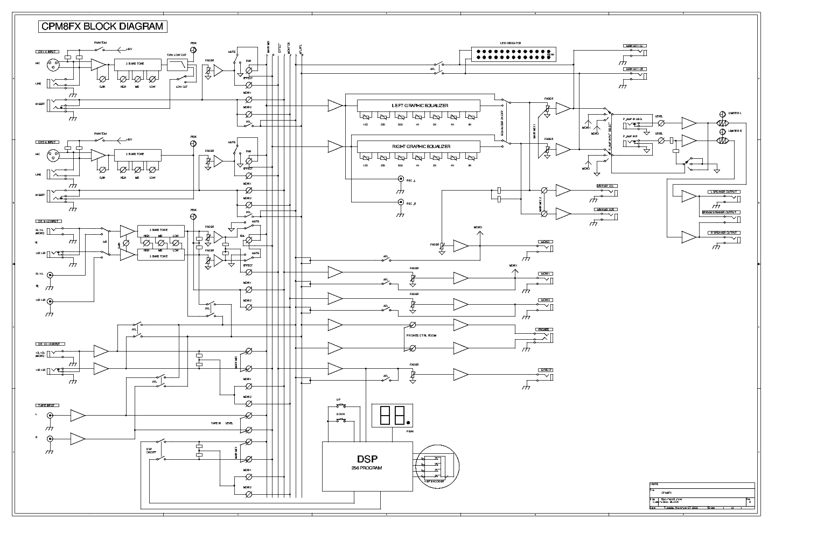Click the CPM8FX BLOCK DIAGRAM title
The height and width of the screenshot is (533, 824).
pyautogui.click(x=102, y=27)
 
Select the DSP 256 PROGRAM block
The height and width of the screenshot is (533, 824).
pyautogui.click(x=367, y=466)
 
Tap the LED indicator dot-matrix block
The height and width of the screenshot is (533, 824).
pyautogui.click(x=513, y=54)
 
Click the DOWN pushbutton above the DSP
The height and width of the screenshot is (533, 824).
pyautogui.click(x=340, y=420)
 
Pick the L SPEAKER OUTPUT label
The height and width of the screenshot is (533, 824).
pyautogui.click(x=724, y=192)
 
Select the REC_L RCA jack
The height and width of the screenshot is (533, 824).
pyautogui.click(x=400, y=179)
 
